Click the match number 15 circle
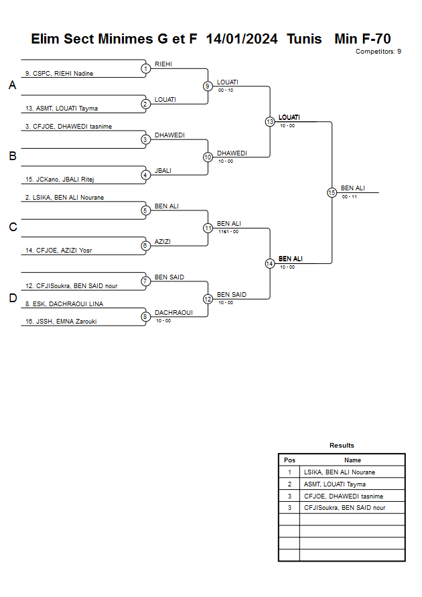tap(332, 192)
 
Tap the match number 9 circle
tap(208, 86)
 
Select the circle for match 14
tap(270, 263)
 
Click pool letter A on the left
tap(12, 86)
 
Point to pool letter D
tap(12, 298)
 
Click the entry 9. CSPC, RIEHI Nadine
tap(60, 73)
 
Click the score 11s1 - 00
tap(228, 232)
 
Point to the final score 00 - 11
tap(349, 196)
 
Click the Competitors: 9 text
tap(378, 51)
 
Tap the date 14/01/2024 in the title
tap(242, 39)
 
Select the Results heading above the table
tap(342, 445)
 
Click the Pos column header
tap(289, 460)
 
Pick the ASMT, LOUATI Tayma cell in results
tap(335, 484)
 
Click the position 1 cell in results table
tap(289, 472)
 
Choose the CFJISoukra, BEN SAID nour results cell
tap(344, 508)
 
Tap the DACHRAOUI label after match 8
tap(173, 312)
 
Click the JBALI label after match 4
tap(163, 171)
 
